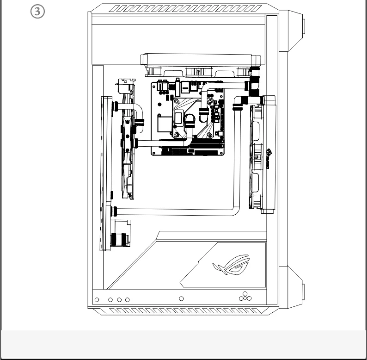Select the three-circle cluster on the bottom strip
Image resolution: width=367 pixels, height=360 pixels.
pos(245,297)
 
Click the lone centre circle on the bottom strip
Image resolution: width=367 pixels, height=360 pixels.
pos(181,299)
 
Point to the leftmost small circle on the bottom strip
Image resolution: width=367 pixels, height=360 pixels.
pos(96,300)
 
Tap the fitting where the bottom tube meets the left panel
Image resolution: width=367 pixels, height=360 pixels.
pos(115,212)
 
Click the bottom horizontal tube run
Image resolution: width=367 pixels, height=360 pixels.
pos(176,212)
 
